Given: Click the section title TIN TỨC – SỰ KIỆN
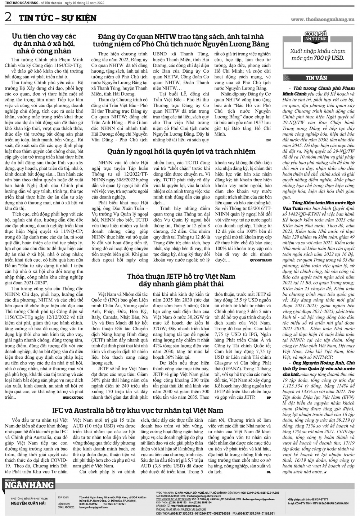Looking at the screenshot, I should coord(57,18).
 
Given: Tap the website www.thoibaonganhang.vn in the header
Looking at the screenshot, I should coord(322,20).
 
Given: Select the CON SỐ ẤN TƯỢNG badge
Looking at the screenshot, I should coord(316,36).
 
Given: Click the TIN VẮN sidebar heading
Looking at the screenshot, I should coord(316,78).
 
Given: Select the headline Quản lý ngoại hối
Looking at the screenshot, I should coord(181,151).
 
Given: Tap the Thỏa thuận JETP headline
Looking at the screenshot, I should coord(181,280).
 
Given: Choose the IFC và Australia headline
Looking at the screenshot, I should coord(138,410).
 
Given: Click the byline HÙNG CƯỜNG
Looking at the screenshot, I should coord(73,398).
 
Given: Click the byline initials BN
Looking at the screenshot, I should coord(268,140).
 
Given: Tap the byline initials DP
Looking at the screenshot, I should coord(269,398).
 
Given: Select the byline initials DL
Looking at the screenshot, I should coord(269,472).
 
